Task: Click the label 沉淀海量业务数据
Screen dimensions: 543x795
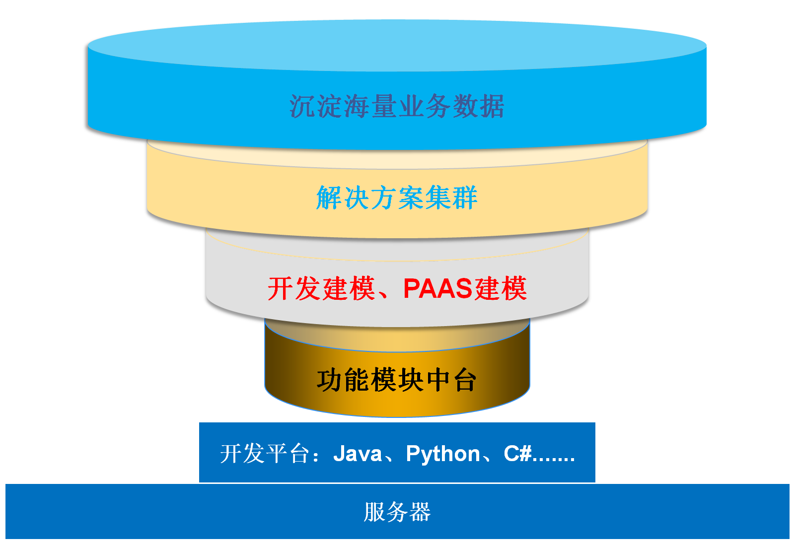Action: click(x=397, y=106)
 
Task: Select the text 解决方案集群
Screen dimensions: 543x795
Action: click(x=397, y=198)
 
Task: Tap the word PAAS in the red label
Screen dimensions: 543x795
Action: click(x=437, y=288)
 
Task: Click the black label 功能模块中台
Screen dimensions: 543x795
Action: click(x=397, y=380)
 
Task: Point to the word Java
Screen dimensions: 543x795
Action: click(x=358, y=454)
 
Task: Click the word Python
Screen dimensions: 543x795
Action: click(x=443, y=454)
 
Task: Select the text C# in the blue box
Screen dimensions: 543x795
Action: click(x=517, y=454)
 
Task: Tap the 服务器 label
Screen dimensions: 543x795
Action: click(x=397, y=512)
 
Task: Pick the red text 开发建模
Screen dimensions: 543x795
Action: click(x=321, y=288)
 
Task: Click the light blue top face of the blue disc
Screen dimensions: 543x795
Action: click(x=397, y=45)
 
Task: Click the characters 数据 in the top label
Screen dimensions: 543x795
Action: click(x=478, y=106)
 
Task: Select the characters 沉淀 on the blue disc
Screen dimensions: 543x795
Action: click(x=315, y=106)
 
